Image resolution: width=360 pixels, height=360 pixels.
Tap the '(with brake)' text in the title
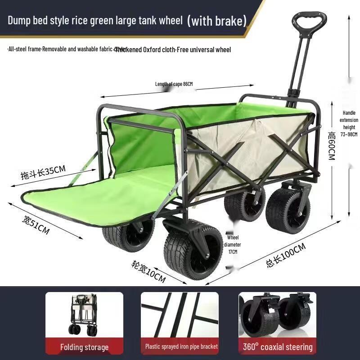[217, 20]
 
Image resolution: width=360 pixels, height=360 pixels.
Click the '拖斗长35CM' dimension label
[43, 172]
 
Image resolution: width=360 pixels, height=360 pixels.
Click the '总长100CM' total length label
[285, 255]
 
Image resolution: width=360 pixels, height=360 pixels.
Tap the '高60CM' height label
[332, 146]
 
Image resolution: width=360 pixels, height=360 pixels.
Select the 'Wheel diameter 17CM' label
[233, 244]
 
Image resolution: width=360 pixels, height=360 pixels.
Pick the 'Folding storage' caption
[84, 347]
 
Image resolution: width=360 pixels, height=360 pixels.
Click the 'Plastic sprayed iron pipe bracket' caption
[181, 346]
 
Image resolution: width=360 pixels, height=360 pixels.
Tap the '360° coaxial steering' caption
[278, 347]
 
